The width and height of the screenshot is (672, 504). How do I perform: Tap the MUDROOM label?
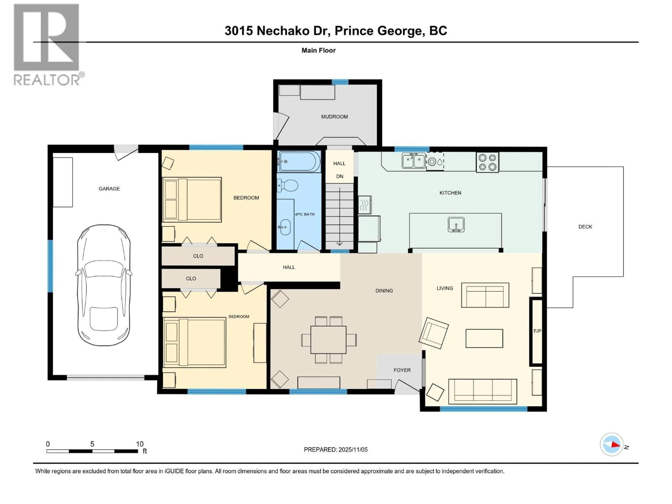[334, 117]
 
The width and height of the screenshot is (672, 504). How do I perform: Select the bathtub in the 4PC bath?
[299, 162]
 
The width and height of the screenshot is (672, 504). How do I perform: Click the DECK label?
[585, 227]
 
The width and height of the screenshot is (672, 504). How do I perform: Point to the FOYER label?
[402, 370]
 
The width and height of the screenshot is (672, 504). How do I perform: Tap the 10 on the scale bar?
[139, 444]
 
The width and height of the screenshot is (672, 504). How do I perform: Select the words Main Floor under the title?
[318, 50]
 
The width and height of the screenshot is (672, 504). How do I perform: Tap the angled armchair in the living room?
[433, 333]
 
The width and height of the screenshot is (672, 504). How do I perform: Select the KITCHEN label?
[450, 193]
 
